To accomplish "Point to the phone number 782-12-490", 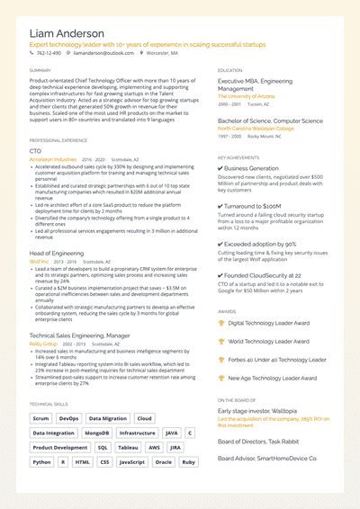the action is point(49,53).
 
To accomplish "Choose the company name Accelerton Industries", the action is point(53,158).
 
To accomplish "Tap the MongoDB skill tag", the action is point(97,433).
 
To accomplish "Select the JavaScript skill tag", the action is point(132,461).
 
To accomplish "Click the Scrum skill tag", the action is point(40,418).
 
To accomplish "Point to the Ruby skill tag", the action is point(188,461).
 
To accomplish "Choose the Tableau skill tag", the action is point(129,447).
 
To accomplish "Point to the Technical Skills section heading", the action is point(47,405).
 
